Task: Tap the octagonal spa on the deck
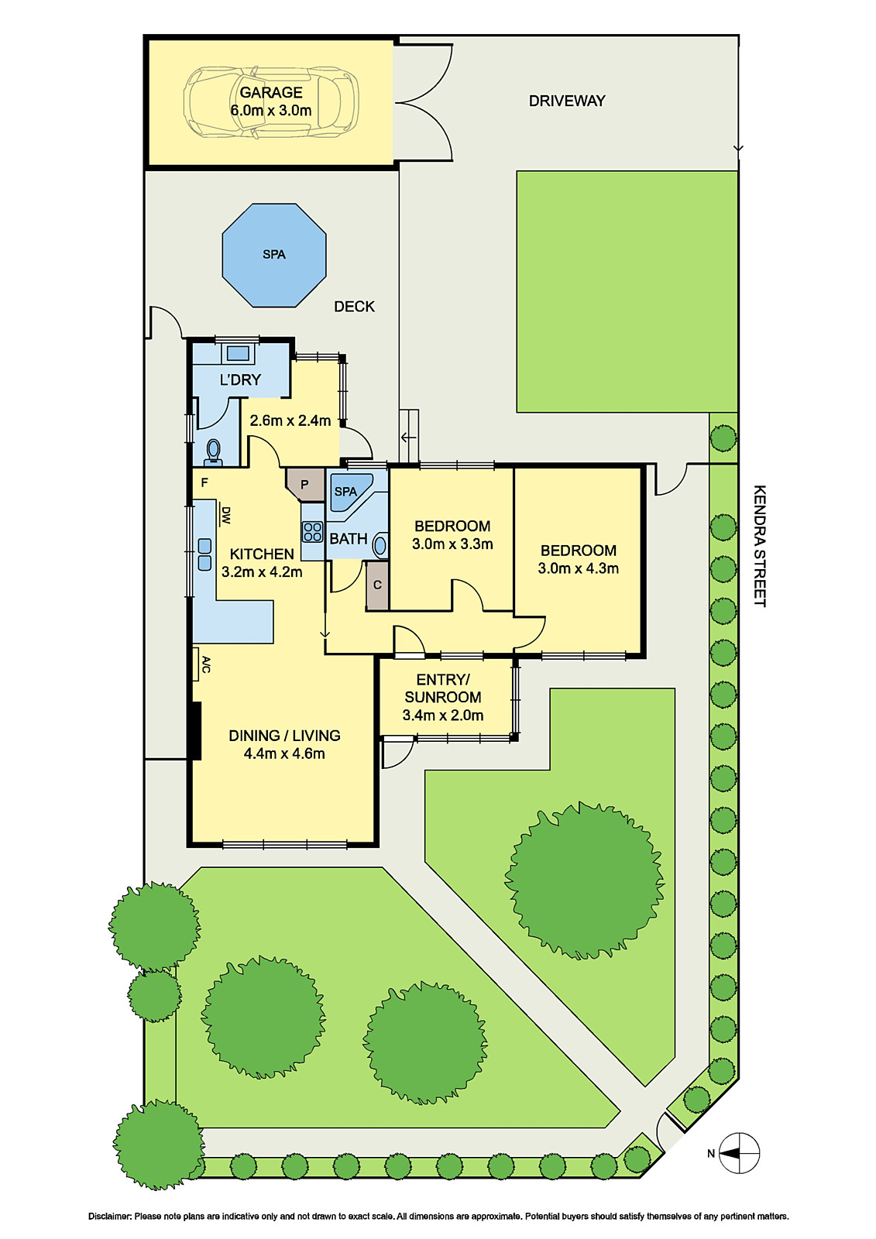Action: click(x=274, y=255)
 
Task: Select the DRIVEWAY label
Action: click(x=567, y=101)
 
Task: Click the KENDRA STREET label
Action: click(x=760, y=546)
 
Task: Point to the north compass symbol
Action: click(x=739, y=1153)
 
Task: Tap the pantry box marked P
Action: click(x=305, y=485)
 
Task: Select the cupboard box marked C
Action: click(x=377, y=585)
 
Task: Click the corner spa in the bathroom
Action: click(x=349, y=493)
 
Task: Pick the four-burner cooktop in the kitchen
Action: click(x=312, y=532)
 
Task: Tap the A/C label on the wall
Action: click(x=206, y=664)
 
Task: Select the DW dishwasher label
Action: click(x=226, y=515)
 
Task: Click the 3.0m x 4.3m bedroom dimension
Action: click(x=578, y=568)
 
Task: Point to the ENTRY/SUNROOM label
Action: click(x=442, y=688)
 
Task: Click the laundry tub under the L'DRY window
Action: click(x=238, y=354)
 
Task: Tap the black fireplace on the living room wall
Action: click(x=196, y=730)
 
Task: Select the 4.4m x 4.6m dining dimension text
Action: click(x=284, y=753)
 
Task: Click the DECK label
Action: click(x=354, y=307)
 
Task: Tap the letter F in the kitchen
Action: click(x=204, y=482)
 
